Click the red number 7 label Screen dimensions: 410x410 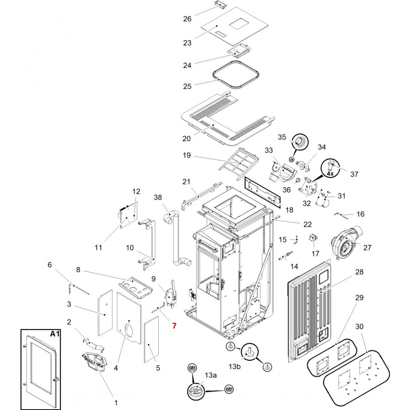click(x=174, y=326)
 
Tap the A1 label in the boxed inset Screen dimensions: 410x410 click(x=55, y=334)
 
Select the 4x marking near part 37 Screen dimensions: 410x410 click(x=330, y=173)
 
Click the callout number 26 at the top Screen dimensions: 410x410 click(x=187, y=19)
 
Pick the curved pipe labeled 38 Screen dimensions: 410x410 click(x=175, y=238)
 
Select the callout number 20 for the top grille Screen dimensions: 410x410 click(x=187, y=139)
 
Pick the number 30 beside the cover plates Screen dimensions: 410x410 click(x=360, y=327)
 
